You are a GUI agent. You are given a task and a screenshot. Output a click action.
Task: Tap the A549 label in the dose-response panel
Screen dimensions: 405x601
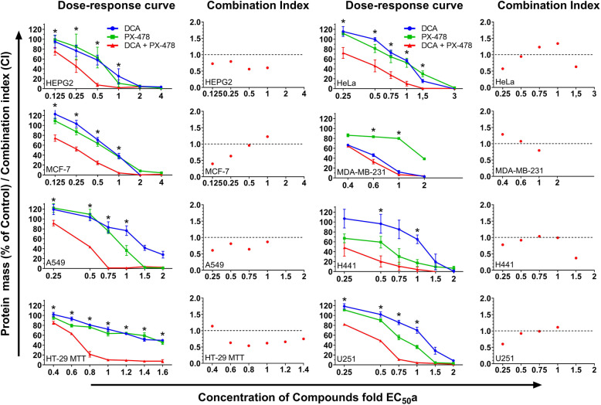(x=54, y=264)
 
